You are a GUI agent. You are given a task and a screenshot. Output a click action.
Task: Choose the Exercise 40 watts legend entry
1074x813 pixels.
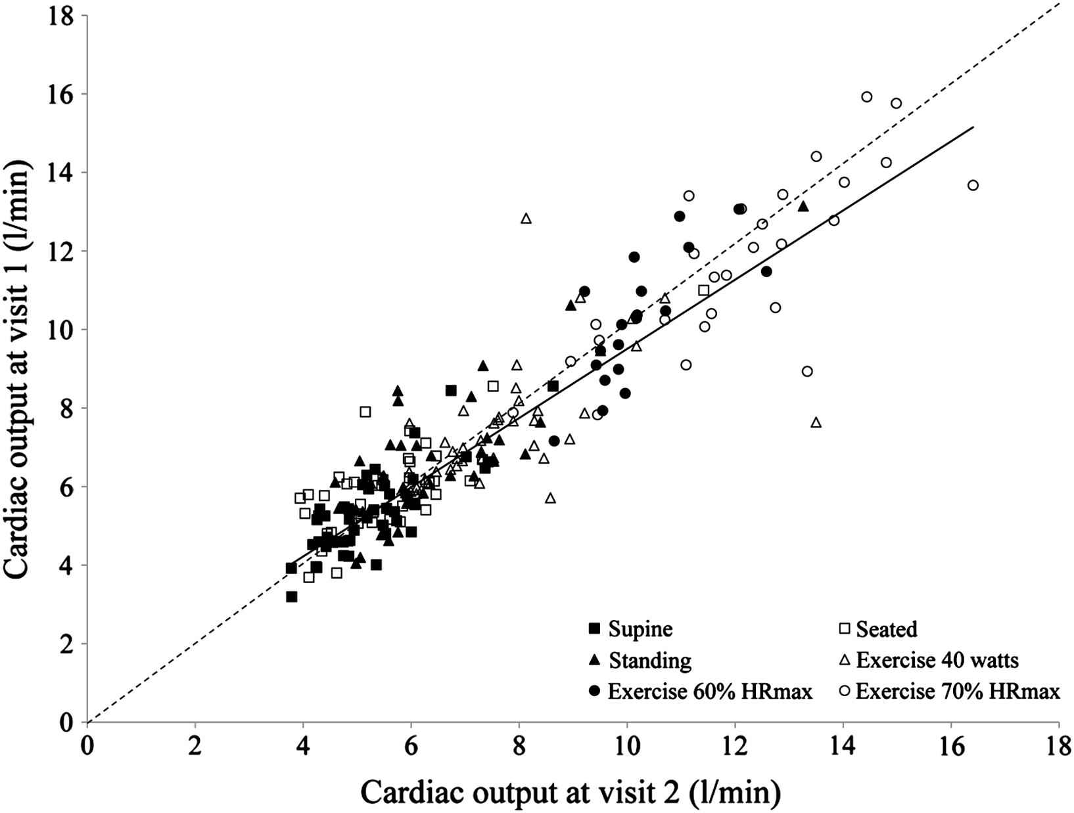(926, 660)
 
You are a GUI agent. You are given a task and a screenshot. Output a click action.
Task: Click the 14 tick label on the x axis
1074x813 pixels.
(843, 746)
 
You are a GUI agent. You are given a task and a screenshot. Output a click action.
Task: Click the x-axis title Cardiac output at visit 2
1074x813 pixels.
(571, 793)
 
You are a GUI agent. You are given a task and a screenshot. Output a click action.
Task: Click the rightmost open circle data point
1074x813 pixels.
(973, 185)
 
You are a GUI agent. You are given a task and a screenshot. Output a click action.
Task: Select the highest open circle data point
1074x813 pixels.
(866, 97)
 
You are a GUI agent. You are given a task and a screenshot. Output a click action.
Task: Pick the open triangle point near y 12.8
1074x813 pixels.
(526, 218)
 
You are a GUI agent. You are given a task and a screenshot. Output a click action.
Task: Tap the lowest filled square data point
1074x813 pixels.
(292, 596)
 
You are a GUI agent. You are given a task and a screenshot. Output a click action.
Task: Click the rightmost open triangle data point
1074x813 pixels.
(816, 422)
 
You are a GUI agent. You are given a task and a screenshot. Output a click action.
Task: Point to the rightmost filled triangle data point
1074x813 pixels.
(803, 206)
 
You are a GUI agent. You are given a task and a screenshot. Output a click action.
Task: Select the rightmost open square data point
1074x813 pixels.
(703, 290)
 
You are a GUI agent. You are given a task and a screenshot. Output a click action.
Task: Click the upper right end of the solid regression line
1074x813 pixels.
(972, 127)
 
